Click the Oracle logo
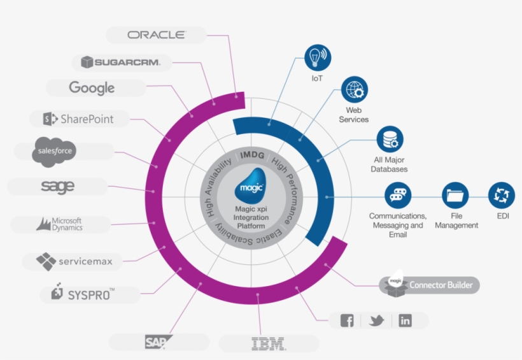click(x=156, y=35)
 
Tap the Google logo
click(x=92, y=88)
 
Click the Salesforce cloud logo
click(x=55, y=150)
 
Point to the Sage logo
click(x=57, y=187)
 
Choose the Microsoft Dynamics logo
click(x=60, y=224)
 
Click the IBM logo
click(x=269, y=344)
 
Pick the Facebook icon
click(x=347, y=320)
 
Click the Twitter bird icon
click(x=376, y=320)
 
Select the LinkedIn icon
click(x=405, y=320)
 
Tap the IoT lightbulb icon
click(x=316, y=58)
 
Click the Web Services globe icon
click(x=353, y=90)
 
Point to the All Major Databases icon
click(x=390, y=140)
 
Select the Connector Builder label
click(x=441, y=285)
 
